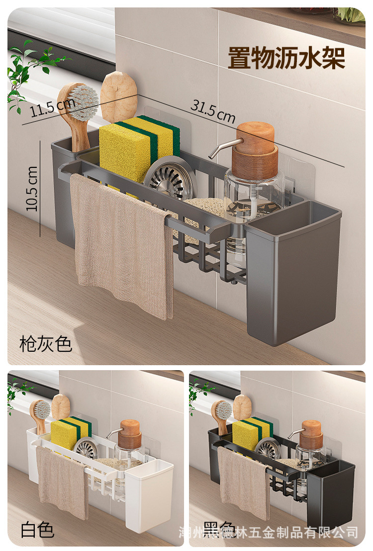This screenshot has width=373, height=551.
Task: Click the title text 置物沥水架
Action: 286,58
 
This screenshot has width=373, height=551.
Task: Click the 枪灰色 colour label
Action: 46,343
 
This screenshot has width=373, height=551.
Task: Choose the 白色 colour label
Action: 37,530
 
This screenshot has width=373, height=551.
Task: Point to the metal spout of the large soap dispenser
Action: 219,147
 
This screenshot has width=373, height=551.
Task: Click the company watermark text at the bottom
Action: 269,533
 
